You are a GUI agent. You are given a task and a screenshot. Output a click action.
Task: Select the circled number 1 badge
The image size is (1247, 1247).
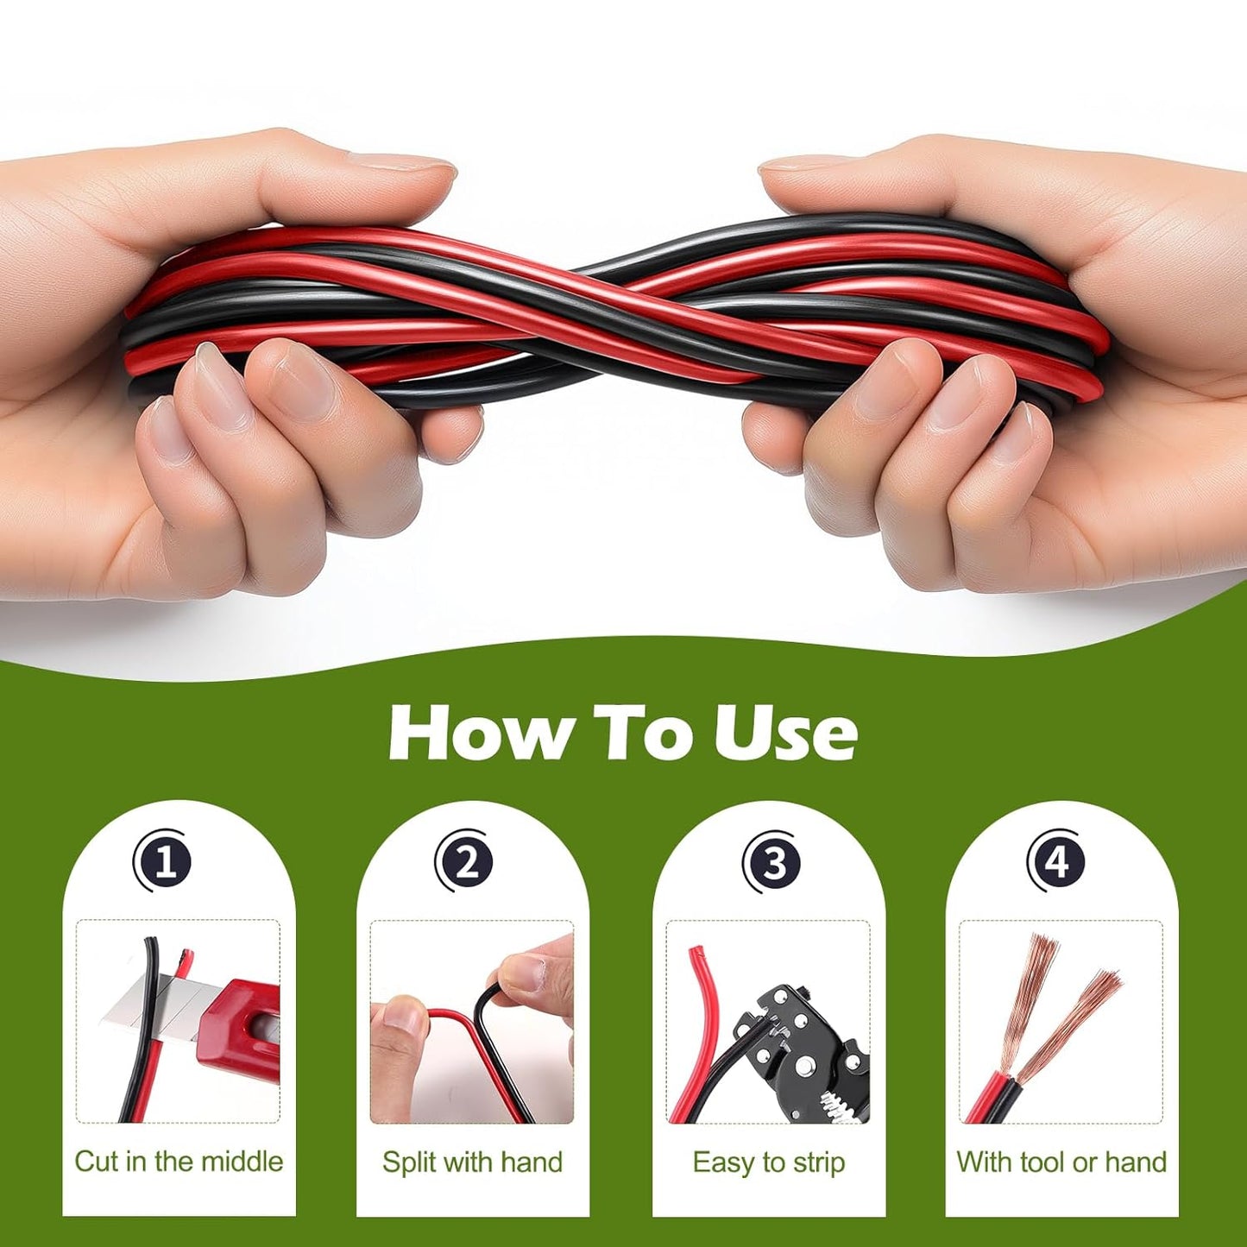coord(162,860)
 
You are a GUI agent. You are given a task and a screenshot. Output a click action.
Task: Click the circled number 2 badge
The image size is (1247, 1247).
coord(465,860)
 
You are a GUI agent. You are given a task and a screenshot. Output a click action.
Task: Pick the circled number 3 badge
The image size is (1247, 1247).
coord(772,861)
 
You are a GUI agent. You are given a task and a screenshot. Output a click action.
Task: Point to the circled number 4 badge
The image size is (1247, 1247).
coord(1057,860)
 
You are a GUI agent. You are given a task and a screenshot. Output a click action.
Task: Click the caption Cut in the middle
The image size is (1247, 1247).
coord(179,1162)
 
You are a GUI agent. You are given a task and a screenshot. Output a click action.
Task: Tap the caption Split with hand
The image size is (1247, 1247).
coord(472,1162)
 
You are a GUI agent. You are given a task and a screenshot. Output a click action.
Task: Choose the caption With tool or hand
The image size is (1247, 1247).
coord(1061,1162)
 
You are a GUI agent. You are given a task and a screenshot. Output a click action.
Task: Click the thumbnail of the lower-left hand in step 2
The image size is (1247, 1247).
coord(400,1015)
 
